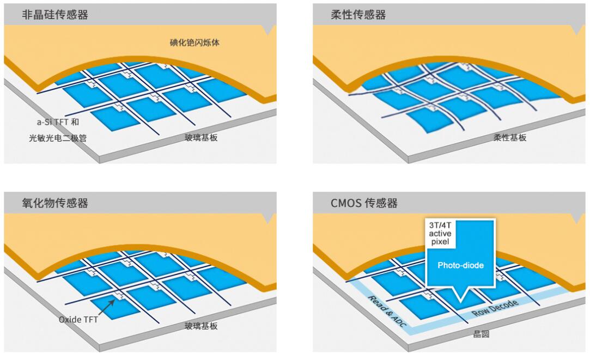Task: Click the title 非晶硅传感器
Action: click(55, 15)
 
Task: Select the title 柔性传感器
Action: click(358, 15)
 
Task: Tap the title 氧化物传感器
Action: click(55, 203)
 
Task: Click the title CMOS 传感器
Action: click(364, 203)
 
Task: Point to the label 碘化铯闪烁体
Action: click(194, 42)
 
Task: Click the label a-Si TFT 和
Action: click(58, 122)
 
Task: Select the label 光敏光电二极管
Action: click(58, 138)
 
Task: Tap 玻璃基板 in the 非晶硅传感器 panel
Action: click(201, 138)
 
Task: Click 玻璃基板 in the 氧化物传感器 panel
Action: click(201, 326)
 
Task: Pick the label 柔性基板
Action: click(510, 138)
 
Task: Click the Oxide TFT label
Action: click(78, 319)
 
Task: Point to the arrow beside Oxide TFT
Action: click(107, 307)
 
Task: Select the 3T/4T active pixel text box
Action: click(440, 233)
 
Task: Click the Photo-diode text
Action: click(460, 265)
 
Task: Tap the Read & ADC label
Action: click(387, 312)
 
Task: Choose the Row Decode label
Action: click(495, 308)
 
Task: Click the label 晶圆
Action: click(481, 334)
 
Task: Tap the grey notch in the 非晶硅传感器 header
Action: click(268, 30)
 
